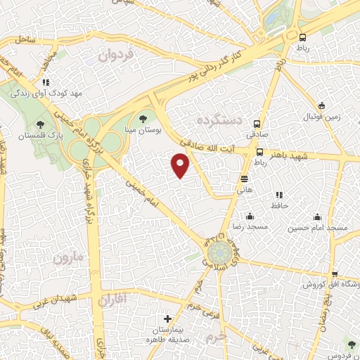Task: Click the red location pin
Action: point(180,166)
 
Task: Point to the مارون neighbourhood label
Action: point(67,257)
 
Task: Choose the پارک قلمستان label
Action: point(40,134)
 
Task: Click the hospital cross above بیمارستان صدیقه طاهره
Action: point(167,319)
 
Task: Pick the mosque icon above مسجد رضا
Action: point(249,217)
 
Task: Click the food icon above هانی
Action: point(244,179)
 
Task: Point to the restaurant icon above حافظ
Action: point(279,194)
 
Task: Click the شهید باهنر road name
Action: point(303,153)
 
